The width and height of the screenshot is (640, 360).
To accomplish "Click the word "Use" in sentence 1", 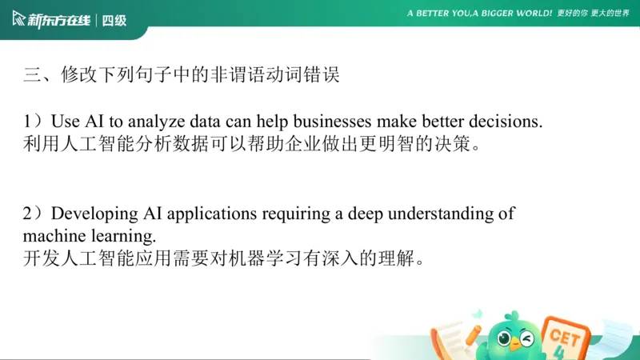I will [65, 122].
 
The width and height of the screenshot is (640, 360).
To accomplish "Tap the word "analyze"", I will [154, 122].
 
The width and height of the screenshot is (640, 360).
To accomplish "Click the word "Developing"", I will [95, 214].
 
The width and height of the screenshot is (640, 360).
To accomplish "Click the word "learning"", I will [120, 237].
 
